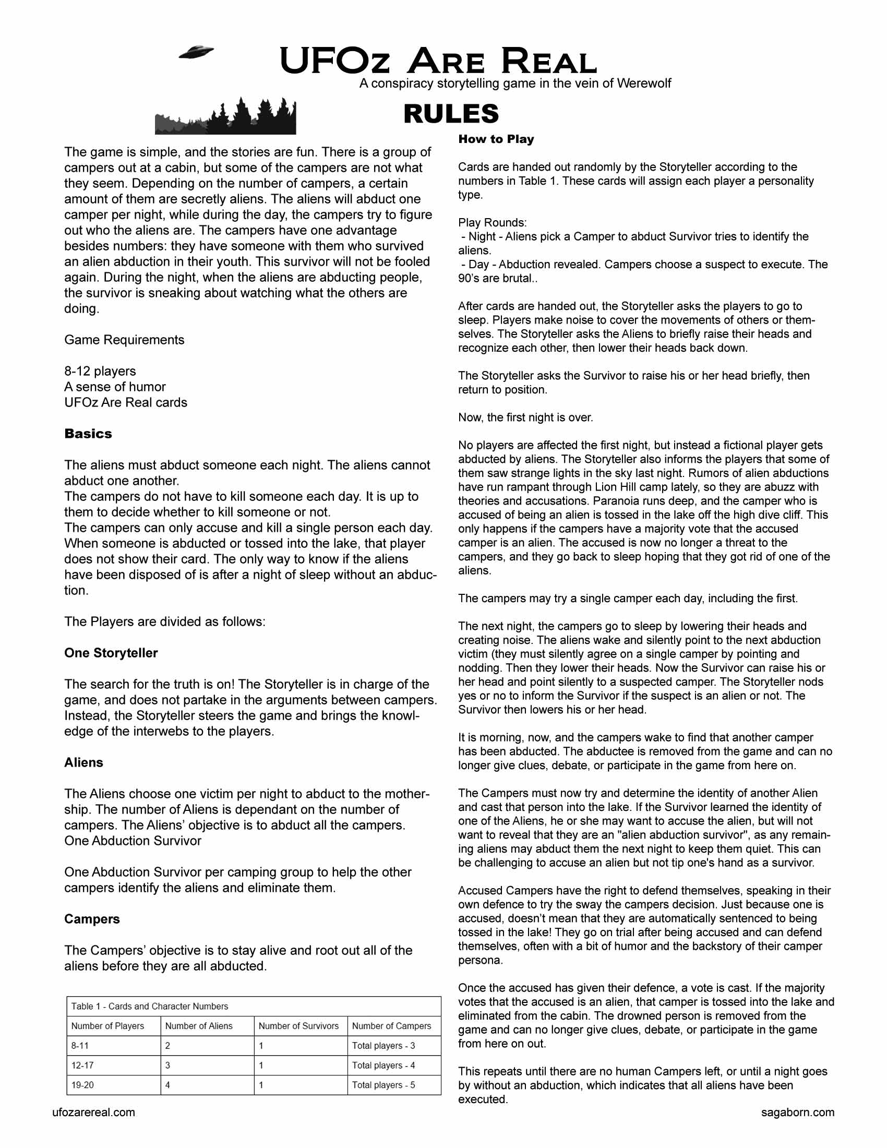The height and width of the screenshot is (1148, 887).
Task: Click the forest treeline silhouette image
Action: (225, 117)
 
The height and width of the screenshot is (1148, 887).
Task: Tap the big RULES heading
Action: (451, 114)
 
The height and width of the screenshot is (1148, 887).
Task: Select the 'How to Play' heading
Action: (496, 139)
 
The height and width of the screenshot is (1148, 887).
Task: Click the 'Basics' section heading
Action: (88, 434)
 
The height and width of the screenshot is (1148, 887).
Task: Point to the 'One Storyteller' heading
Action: (111, 653)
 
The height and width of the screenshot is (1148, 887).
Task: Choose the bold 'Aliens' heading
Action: (83, 763)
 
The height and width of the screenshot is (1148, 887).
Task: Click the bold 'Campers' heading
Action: (92, 919)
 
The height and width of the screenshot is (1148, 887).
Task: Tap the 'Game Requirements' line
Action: (124, 340)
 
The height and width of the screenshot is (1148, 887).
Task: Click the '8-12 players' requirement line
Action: (100, 371)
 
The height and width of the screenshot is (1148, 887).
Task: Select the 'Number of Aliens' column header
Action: (199, 1025)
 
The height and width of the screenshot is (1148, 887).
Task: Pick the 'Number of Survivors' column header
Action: (298, 1025)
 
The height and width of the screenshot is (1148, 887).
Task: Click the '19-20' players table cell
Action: (82, 1085)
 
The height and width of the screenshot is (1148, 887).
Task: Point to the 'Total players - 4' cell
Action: (383, 1066)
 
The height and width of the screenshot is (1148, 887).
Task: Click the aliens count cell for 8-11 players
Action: (167, 1046)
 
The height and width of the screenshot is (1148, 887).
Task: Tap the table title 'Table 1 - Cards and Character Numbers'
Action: (150, 1006)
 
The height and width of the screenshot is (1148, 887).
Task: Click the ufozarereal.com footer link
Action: (93, 1113)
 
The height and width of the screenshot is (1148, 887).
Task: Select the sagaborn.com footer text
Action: (797, 1113)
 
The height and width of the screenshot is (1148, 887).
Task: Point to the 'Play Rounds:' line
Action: (492, 222)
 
